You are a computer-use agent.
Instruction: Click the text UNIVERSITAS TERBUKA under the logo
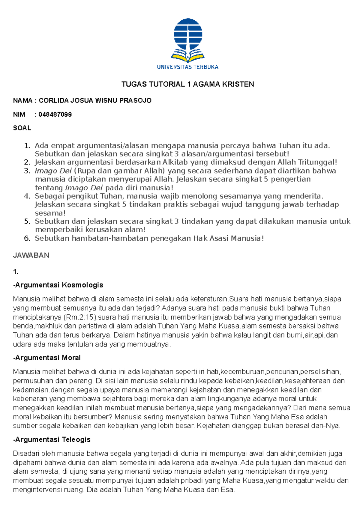pos(187,67)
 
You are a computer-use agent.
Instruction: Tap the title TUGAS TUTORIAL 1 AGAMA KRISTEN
pos(187,84)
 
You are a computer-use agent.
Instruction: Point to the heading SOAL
pos(22,128)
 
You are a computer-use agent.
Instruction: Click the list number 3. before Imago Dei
pos(27,171)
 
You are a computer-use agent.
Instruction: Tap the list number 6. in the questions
pos(27,238)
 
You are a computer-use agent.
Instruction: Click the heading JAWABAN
pos(31,255)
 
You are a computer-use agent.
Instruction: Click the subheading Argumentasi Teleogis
pos(52,439)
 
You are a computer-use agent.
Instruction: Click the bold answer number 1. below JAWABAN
pos(16,272)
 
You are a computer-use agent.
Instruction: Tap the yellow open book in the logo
pos(187,57)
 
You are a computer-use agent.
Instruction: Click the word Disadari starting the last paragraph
pos(26,454)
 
